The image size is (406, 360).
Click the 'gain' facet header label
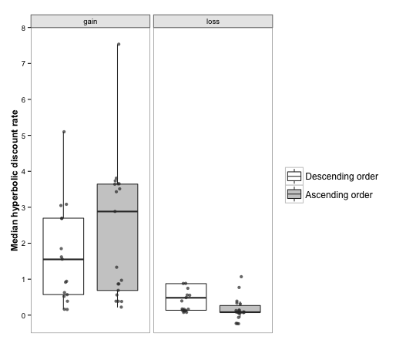click(x=90, y=22)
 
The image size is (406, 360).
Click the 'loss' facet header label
click(x=213, y=22)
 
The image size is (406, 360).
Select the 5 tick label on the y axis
click(x=24, y=136)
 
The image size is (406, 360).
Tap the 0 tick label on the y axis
click(x=24, y=315)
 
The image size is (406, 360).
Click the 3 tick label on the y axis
click(x=24, y=207)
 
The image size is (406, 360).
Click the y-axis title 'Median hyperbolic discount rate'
click(x=15, y=180)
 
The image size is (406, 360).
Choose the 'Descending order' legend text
click(x=341, y=177)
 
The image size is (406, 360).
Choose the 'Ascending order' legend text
click(x=339, y=195)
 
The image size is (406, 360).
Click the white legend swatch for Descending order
click(x=294, y=177)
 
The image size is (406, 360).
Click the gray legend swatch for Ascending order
click(x=294, y=194)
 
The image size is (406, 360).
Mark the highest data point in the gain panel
click(x=119, y=44)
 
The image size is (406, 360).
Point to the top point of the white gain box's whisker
click(x=64, y=132)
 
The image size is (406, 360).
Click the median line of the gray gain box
click(x=117, y=211)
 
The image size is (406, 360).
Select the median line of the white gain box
click(x=63, y=259)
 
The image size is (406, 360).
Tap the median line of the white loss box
click(x=186, y=298)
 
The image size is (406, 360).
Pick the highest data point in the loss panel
click(x=241, y=277)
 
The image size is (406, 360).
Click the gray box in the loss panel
click(x=240, y=309)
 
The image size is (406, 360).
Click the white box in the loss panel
click(x=186, y=297)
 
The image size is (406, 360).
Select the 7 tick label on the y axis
click(x=24, y=64)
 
